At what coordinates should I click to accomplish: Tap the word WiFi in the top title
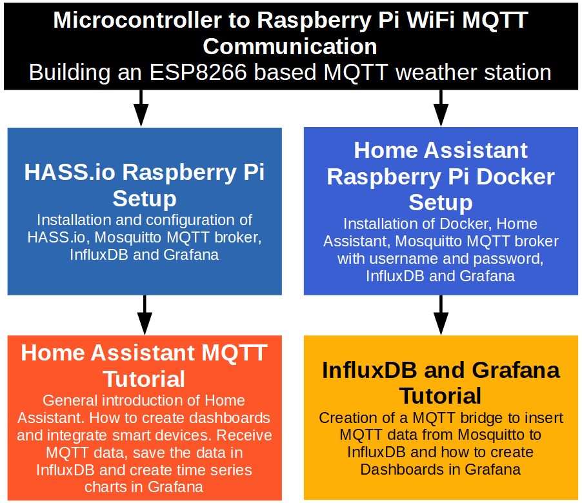[x=421, y=20]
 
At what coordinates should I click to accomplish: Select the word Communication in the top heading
[x=290, y=46]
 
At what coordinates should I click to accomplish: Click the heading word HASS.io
[x=69, y=172]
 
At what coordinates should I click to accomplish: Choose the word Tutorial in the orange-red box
[x=145, y=379]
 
